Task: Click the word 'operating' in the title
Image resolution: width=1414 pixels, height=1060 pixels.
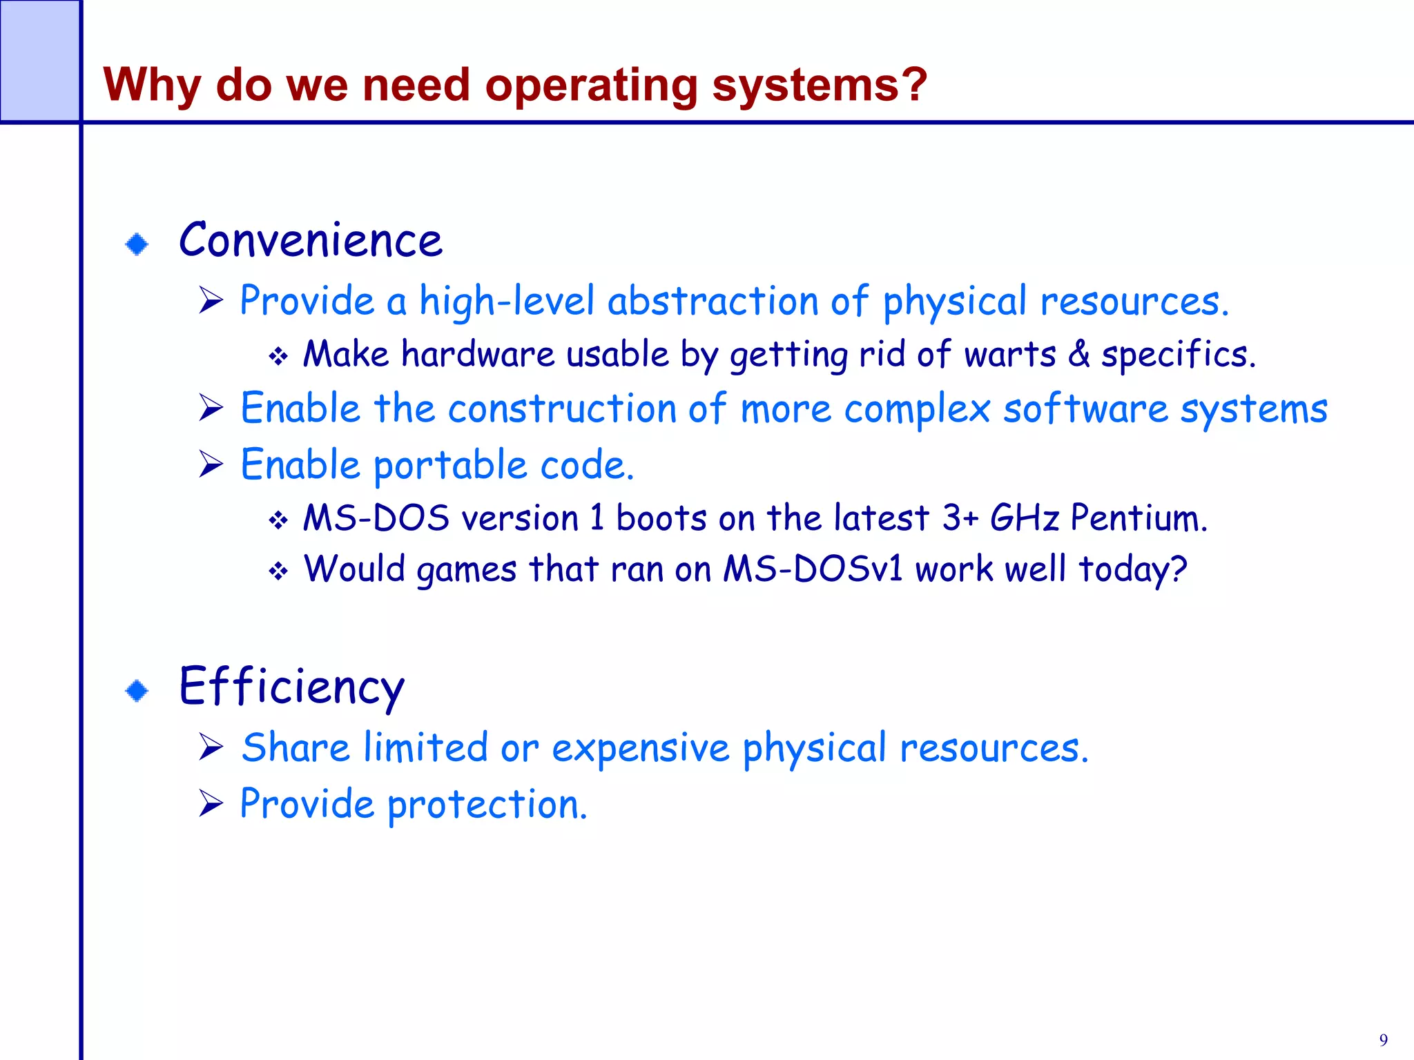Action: [591, 86]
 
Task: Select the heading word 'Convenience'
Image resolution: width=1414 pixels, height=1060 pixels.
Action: [310, 240]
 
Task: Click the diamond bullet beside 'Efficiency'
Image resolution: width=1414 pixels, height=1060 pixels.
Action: [137, 690]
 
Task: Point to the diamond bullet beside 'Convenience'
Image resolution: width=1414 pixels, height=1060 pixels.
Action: [137, 244]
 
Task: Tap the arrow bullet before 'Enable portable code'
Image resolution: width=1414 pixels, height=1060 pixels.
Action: [211, 464]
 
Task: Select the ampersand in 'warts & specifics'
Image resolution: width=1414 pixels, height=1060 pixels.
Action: [1078, 354]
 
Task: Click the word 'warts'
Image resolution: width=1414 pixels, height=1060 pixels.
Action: [1009, 355]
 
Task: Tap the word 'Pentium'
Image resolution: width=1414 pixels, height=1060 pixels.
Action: [1139, 518]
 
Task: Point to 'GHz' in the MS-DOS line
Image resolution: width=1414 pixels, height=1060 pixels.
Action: [1024, 518]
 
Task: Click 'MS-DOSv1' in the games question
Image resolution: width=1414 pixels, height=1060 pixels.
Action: [813, 569]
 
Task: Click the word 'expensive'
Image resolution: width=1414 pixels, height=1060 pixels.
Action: [640, 749]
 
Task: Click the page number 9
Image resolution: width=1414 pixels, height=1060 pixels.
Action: [1383, 1039]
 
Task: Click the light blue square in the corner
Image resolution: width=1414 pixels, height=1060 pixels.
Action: [39, 61]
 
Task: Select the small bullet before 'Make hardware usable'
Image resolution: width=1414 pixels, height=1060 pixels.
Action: [278, 356]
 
